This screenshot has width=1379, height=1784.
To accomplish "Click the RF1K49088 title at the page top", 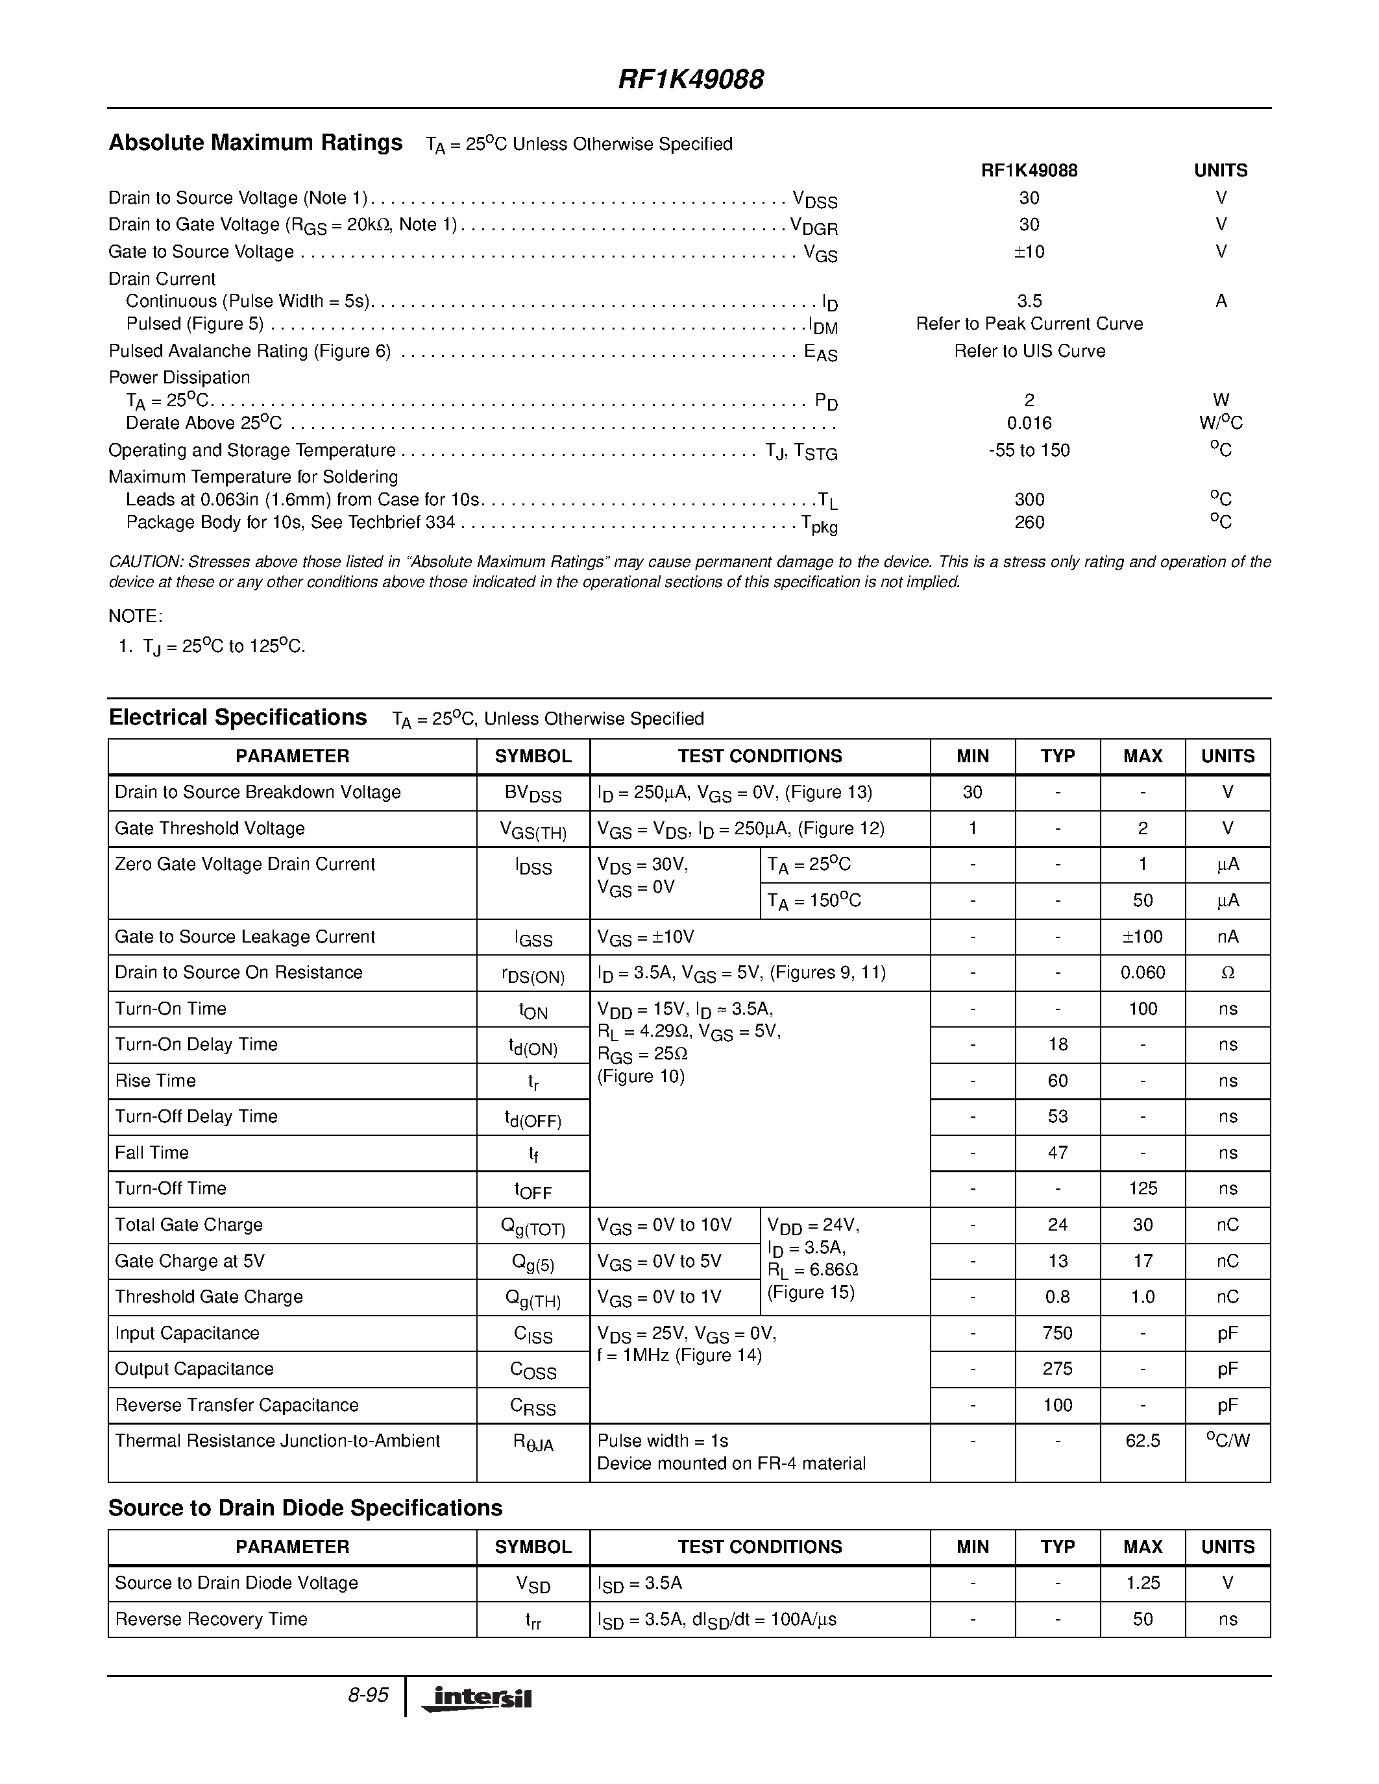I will (x=690, y=79).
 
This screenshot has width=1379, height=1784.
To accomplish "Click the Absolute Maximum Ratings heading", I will (x=255, y=143).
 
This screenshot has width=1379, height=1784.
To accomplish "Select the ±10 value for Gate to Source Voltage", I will (x=1029, y=252).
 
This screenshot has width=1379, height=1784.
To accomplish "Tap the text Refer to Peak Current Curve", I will (x=1029, y=324).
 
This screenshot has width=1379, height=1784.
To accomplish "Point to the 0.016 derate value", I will (x=1029, y=423).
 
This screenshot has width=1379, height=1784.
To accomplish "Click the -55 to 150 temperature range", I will (x=1029, y=450).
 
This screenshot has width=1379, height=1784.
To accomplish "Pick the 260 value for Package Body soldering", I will (x=1029, y=522).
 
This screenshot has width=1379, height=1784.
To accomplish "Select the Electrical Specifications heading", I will (x=238, y=717).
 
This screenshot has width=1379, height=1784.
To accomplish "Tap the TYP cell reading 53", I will (x=1057, y=1116).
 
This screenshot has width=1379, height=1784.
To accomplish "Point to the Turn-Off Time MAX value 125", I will (x=1142, y=1188).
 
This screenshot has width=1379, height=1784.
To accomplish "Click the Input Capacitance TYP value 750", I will (x=1057, y=1332).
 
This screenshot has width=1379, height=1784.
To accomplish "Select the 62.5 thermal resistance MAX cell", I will (x=1142, y=1440).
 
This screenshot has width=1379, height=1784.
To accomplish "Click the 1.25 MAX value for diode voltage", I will (x=1142, y=1582).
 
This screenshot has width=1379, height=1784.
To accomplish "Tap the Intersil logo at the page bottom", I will (x=476, y=1699).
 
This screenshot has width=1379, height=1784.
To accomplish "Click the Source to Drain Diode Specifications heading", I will (x=305, y=1507).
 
